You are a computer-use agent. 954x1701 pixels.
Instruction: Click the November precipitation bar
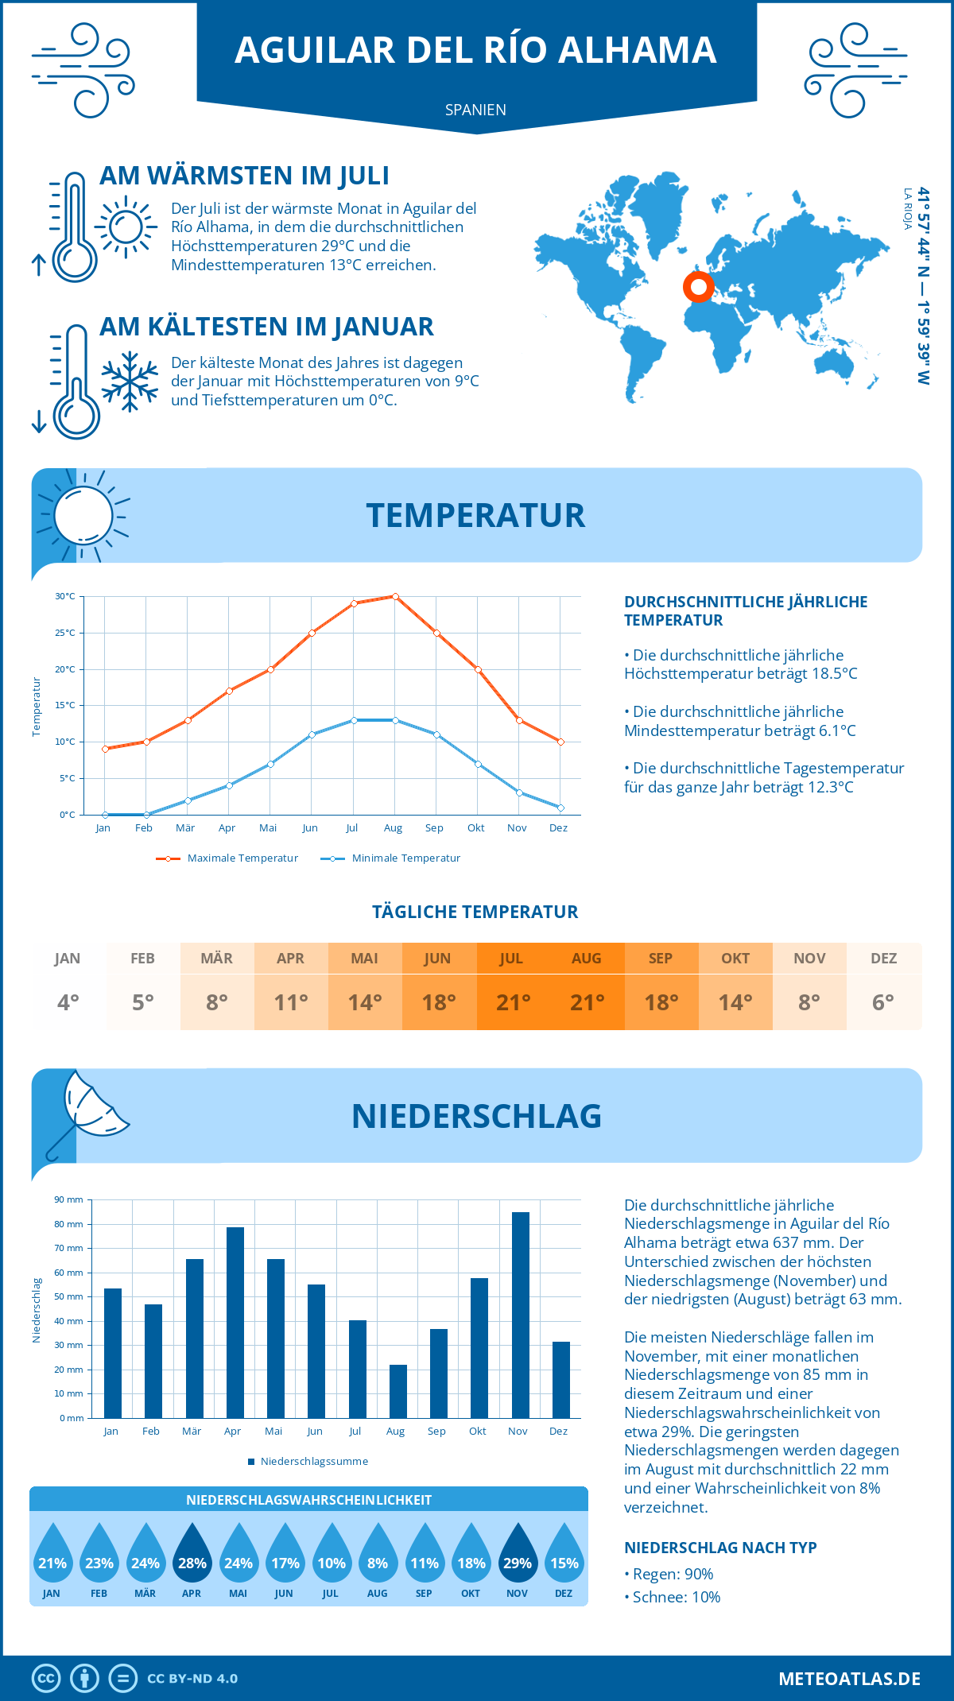pos(520,1315)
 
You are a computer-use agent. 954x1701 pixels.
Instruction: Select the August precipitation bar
pos(397,1391)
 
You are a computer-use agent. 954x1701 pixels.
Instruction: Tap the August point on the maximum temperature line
pos(395,596)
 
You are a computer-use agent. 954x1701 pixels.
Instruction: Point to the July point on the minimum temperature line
pos(354,720)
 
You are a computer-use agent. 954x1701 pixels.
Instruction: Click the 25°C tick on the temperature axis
pos(65,633)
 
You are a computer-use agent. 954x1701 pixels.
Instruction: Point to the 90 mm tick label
pos(68,1199)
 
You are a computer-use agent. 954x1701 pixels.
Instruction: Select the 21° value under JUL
pos(513,1002)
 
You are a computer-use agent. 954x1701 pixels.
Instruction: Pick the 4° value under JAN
pos(68,1002)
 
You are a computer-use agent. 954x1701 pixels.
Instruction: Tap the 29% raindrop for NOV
pos(518,1556)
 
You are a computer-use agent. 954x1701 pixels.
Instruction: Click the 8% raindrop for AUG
pos(378,1556)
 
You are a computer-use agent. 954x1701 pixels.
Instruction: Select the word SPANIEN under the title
pos(475,110)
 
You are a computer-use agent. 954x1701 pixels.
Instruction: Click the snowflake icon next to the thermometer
pos(130,382)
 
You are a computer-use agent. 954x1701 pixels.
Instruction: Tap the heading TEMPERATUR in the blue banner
pos(475,515)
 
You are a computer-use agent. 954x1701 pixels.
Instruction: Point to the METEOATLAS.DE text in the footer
pos(849,1678)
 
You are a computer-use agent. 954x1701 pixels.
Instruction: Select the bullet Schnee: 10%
pos(676,1597)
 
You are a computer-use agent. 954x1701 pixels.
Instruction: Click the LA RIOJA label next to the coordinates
pos(907,209)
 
